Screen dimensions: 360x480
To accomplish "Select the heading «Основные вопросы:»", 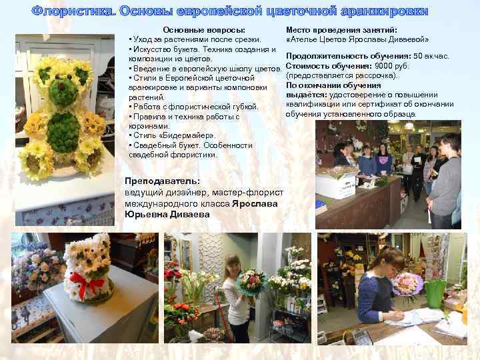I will pyautogui.click(x=204, y=30).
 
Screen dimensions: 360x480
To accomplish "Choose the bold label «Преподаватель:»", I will pyautogui.click(x=162, y=181).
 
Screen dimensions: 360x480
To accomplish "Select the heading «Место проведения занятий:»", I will pyautogui.click(x=341, y=30).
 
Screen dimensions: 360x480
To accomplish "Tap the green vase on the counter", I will pyautogui.click(x=435, y=293).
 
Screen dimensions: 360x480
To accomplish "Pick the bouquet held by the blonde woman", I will pyautogui.click(x=253, y=281).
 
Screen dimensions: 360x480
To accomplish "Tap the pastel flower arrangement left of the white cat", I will pyautogui.click(x=39, y=266).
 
